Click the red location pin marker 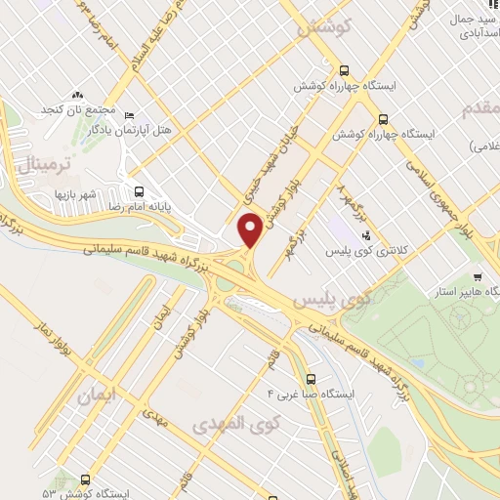[251, 230]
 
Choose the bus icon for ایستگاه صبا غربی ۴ [311, 379]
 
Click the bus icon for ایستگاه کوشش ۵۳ [86, 480]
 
